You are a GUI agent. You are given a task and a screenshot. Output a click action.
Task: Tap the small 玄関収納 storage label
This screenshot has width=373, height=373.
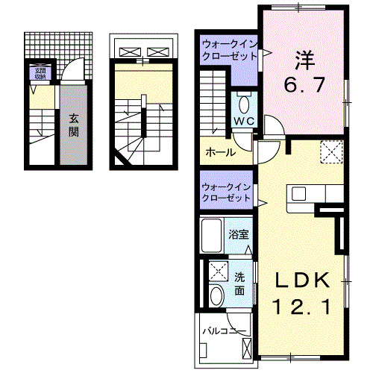(x=37, y=73)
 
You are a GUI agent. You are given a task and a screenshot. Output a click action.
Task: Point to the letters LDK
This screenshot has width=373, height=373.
(x=301, y=280)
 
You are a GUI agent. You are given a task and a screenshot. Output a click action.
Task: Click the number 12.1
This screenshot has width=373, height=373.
(x=301, y=305)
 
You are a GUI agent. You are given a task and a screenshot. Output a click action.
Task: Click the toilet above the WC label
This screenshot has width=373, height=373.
(x=244, y=101)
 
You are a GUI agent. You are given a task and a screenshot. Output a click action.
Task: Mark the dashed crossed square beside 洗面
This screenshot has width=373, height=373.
(x=219, y=271)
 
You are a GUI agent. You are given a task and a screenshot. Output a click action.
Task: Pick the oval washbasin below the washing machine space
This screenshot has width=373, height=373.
(x=216, y=296)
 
